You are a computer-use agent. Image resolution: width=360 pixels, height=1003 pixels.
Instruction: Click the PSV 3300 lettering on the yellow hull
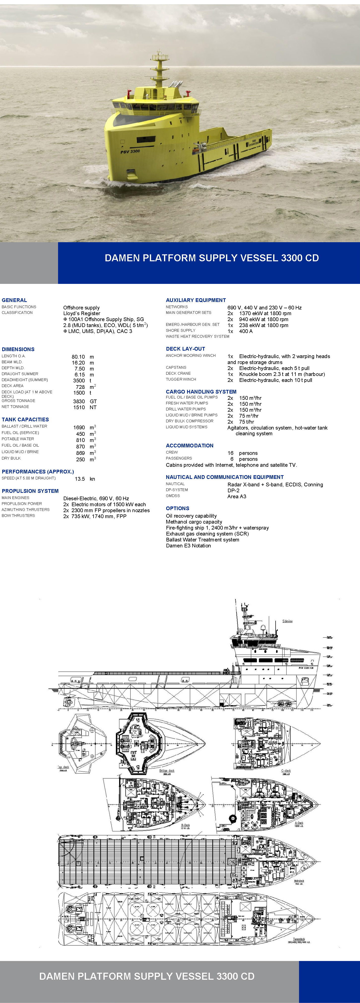point(130,151)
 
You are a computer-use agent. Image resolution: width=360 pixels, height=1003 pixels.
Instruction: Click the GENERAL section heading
point(14,300)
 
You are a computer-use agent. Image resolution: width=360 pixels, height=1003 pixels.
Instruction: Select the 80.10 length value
point(78,357)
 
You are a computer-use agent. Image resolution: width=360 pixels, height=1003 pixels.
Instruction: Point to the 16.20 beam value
point(78,363)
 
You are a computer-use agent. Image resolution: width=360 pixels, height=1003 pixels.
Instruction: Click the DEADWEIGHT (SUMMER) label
point(25,380)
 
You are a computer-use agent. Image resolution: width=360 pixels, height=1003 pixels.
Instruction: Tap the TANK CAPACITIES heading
point(25,419)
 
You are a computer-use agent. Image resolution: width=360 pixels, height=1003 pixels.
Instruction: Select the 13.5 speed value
point(80,479)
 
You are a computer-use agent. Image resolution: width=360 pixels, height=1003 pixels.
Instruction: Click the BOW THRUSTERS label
point(18,515)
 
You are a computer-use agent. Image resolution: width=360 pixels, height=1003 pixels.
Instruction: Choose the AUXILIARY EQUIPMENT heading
point(196,300)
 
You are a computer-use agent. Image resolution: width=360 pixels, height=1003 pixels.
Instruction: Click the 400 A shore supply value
point(246,331)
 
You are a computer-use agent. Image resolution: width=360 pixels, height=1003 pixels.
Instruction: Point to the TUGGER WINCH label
point(181,379)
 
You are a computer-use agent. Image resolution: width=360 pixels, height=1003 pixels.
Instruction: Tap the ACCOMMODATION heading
point(190,445)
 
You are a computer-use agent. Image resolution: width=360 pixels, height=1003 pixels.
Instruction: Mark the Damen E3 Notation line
point(188,545)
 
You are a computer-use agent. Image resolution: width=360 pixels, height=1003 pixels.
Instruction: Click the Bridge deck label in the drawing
point(167,770)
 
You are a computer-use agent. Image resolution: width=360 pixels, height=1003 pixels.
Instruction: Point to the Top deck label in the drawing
point(64,767)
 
